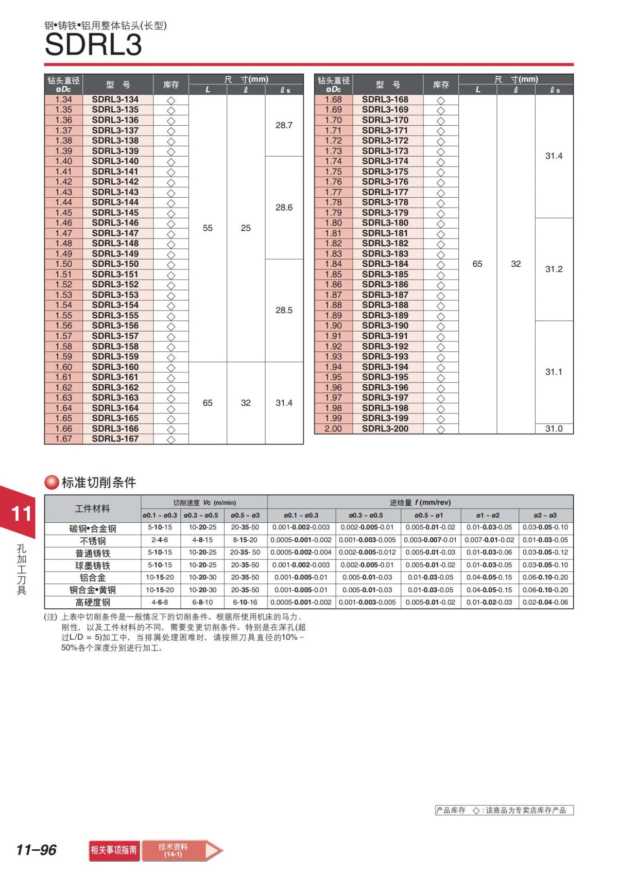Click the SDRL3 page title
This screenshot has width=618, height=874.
(93, 45)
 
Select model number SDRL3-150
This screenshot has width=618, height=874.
(115, 264)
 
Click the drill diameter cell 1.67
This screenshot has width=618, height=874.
(63, 439)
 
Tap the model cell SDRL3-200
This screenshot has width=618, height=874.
(385, 429)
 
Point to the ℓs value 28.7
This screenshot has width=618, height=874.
(284, 125)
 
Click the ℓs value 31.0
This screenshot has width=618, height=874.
(554, 429)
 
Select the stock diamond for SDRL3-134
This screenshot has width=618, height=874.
(171, 100)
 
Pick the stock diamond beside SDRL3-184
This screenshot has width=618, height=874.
(441, 265)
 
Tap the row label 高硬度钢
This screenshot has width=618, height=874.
(93, 603)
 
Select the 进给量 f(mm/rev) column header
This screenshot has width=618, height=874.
(420, 502)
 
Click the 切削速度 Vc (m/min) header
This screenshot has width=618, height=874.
(204, 502)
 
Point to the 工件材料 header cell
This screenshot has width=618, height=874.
(93, 509)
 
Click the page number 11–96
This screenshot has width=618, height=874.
(36, 850)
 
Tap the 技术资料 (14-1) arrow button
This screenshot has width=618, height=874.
(182, 850)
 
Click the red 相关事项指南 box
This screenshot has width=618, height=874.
(114, 850)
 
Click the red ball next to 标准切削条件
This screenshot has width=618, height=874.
(51, 483)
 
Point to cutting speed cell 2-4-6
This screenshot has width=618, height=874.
(160, 540)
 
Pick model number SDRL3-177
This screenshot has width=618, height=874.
(385, 192)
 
